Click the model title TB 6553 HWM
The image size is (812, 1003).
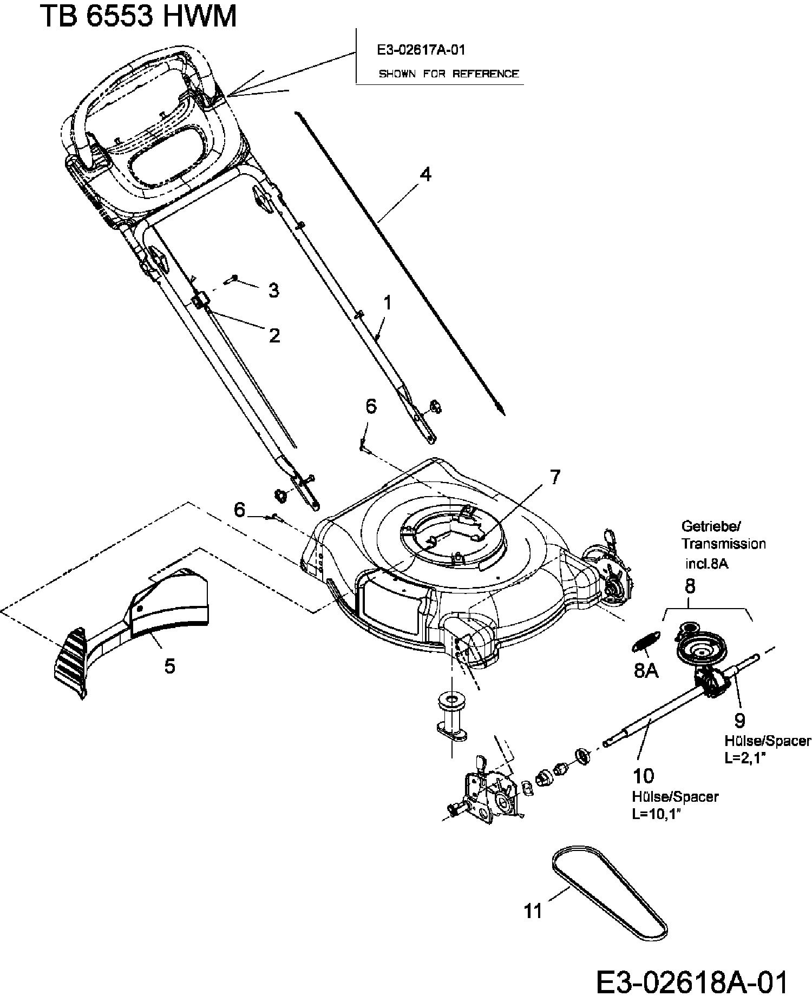[x=138, y=16]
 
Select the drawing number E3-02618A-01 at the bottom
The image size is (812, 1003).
[x=692, y=982]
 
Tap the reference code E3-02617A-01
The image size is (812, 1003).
[x=421, y=50]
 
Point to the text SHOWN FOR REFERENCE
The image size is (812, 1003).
[x=448, y=74]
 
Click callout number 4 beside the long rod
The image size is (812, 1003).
[x=425, y=175]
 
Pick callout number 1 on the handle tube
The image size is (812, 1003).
[x=387, y=303]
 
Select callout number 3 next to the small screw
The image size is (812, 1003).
[x=274, y=291]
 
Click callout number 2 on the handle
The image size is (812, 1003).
[x=274, y=335]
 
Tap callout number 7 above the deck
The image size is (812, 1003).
[x=555, y=477]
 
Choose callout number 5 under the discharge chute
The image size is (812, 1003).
[x=170, y=666]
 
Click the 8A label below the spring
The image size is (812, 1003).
[x=646, y=671]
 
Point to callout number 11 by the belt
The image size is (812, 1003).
[x=533, y=912]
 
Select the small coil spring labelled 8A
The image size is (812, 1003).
[x=645, y=642]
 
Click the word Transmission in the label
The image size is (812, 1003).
[x=723, y=544]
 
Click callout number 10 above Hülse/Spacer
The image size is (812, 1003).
[x=643, y=776]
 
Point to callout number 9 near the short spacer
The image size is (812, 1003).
[x=739, y=720]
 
